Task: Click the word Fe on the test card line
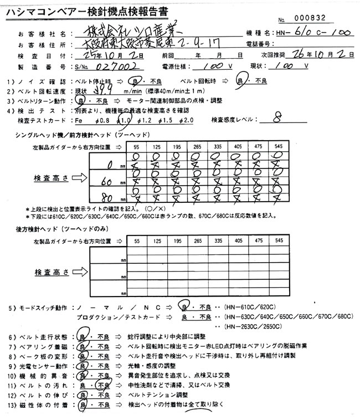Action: (79, 120)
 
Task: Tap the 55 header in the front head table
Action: (137, 147)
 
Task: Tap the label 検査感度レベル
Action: (235, 120)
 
